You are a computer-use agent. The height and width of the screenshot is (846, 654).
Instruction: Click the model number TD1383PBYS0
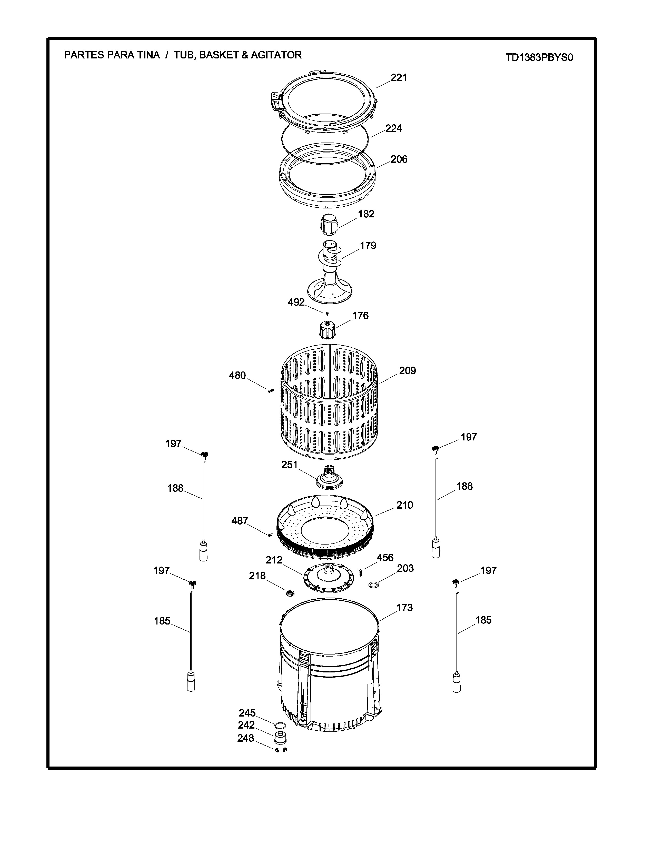[x=539, y=58]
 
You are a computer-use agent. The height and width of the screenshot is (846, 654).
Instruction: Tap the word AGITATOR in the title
[x=276, y=55]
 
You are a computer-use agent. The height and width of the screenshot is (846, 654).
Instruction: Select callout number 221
[x=399, y=78]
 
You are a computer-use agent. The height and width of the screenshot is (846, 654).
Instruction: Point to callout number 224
[x=394, y=128]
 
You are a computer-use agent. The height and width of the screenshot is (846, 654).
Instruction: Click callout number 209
[x=408, y=371]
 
